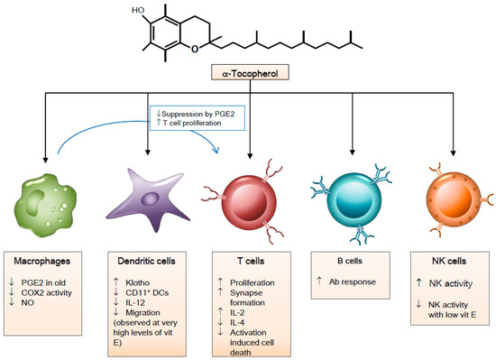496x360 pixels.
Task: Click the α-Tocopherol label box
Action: tap(250, 72)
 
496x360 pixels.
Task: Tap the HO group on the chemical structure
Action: tap(138, 11)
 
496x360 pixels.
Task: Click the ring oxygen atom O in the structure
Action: tap(195, 49)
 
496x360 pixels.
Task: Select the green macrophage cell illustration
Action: tap(46, 205)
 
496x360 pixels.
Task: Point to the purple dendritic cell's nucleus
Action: tap(150, 198)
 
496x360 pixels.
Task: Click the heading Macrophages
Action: tap(42, 262)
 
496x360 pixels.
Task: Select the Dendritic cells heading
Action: tap(146, 261)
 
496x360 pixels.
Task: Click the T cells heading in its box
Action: tap(251, 261)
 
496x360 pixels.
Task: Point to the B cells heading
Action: tap(350, 261)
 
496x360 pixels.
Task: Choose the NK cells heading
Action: tap(449, 261)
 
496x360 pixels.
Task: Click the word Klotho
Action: tap(138, 282)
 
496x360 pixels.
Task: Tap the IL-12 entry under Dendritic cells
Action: tap(135, 303)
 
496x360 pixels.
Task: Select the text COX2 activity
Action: tap(47, 292)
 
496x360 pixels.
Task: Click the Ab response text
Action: tap(353, 282)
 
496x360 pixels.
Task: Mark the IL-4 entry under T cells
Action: tap(237, 323)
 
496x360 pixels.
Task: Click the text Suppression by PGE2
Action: tap(198, 114)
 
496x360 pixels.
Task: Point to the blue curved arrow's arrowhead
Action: tap(216, 149)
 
